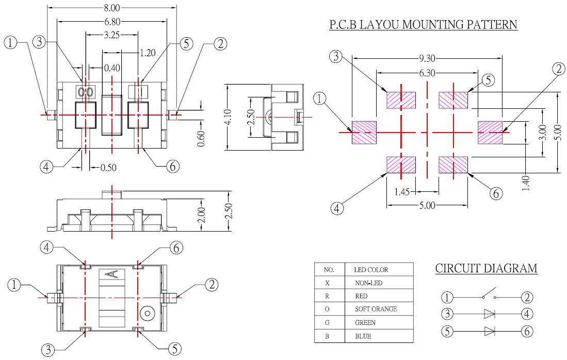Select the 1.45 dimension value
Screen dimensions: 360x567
pos(402,192)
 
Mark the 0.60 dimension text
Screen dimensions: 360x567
pos(202,139)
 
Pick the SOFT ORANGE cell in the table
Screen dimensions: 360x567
pos(376,309)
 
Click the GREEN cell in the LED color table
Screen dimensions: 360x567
pos(365,322)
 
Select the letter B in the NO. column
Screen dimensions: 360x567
pos(327,336)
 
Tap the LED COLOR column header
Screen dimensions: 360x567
pos(371,269)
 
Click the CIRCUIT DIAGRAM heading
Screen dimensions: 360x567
pos(486,269)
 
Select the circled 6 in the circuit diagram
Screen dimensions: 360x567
pos(527,331)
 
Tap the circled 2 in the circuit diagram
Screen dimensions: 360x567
pos(527,297)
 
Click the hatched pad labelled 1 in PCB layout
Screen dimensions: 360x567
pos(364,133)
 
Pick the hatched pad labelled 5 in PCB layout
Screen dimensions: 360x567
pos(453,100)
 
